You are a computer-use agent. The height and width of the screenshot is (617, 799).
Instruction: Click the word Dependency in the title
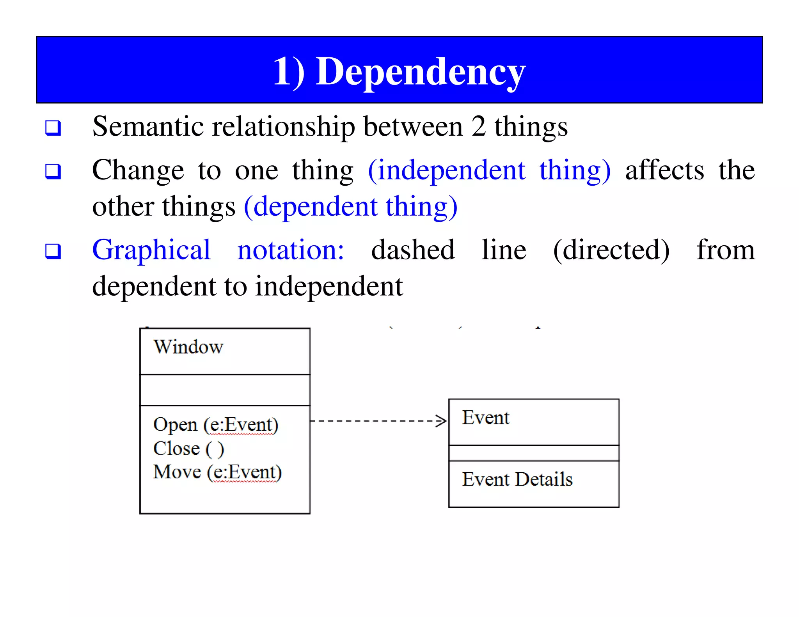pyautogui.click(x=421, y=72)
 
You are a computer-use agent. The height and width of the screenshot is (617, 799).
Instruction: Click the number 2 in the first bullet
pyautogui.click(x=479, y=127)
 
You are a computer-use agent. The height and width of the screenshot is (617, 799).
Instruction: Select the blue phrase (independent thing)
pyautogui.click(x=489, y=171)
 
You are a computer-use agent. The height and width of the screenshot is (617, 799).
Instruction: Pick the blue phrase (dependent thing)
pyautogui.click(x=350, y=207)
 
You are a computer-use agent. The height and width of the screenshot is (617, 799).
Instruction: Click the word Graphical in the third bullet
pyautogui.click(x=151, y=250)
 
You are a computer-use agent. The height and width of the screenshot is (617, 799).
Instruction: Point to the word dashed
pyautogui.click(x=413, y=250)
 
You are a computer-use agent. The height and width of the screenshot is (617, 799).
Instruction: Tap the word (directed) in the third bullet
pyautogui.click(x=611, y=250)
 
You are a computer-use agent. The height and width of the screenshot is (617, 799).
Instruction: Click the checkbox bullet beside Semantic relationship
pyautogui.click(x=53, y=128)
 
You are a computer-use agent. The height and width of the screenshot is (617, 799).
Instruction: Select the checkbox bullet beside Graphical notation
pyautogui.click(x=53, y=251)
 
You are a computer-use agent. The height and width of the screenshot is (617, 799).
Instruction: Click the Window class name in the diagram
pyautogui.click(x=188, y=347)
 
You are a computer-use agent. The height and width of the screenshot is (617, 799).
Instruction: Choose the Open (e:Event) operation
pyautogui.click(x=216, y=425)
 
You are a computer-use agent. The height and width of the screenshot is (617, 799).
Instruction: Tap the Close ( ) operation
pyautogui.click(x=188, y=449)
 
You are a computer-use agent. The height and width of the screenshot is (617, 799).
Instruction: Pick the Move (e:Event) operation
pyautogui.click(x=217, y=472)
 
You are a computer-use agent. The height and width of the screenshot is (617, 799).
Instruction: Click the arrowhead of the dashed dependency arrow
pyautogui.click(x=441, y=421)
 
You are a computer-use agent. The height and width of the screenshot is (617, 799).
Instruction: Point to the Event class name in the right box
pyautogui.click(x=486, y=418)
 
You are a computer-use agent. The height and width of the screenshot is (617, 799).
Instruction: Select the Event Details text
pyautogui.click(x=517, y=479)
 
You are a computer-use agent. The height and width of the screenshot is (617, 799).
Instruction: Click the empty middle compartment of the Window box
pyautogui.click(x=225, y=390)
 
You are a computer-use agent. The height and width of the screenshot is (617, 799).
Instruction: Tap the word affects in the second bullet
pyautogui.click(x=664, y=171)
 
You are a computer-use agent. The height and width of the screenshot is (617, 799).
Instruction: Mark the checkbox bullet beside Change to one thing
pyautogui.click(x=53, y=171)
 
